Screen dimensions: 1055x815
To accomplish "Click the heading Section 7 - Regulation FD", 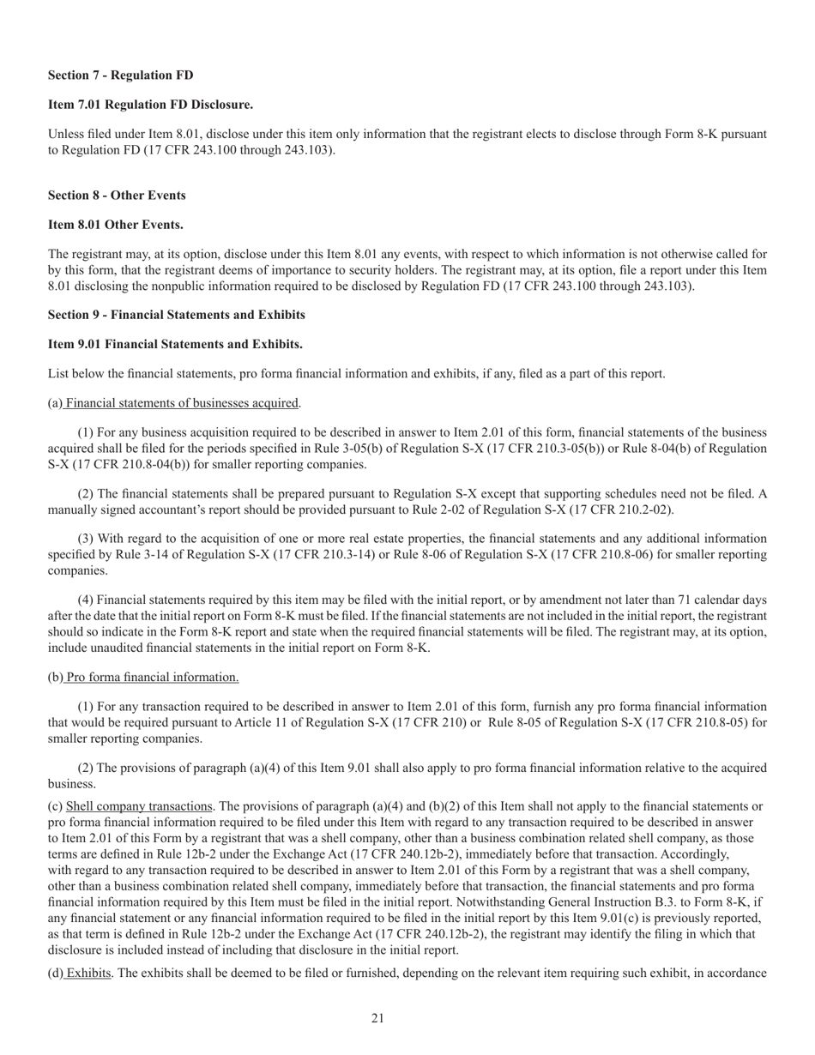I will click(x=120, y=75).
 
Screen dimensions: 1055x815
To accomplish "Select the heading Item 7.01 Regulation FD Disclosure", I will click(x=150, y=105).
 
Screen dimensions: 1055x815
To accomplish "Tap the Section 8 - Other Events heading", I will click(x=117, y=196).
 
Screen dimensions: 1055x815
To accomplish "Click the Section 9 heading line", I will click(x=176, y=315).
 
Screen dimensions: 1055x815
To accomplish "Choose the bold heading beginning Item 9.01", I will click(x=175, y=344).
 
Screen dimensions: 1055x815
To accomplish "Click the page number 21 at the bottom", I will click(x=377, y=1018).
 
